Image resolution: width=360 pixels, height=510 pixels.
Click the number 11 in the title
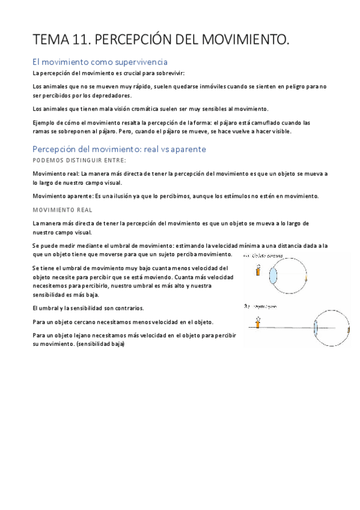(x=84, y=40)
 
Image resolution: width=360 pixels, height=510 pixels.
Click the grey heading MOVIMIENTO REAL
(x=59, y=210)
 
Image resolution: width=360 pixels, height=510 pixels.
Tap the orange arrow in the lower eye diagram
(x=257, y=324)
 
